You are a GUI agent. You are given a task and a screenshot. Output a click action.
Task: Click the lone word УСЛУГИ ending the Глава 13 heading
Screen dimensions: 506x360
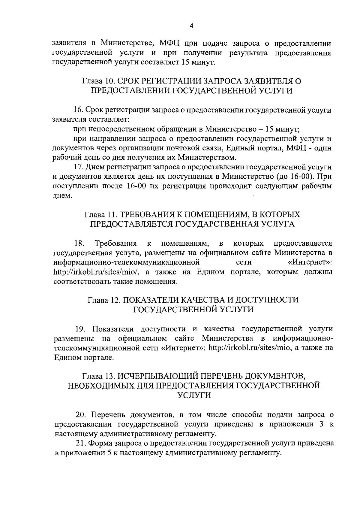194,395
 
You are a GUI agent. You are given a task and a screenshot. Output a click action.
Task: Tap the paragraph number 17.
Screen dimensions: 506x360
79,167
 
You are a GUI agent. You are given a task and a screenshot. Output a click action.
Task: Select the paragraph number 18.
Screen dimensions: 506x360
79,243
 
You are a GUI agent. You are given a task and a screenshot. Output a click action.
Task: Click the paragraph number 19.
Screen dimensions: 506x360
80,329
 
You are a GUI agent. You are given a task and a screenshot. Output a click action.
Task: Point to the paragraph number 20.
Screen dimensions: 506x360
81,415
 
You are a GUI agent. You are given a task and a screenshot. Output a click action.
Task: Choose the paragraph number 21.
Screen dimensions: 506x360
80,443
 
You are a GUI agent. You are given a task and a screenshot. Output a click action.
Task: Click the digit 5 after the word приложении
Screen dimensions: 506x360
109,453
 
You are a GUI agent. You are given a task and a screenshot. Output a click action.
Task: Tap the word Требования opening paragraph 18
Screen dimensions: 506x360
115,243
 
